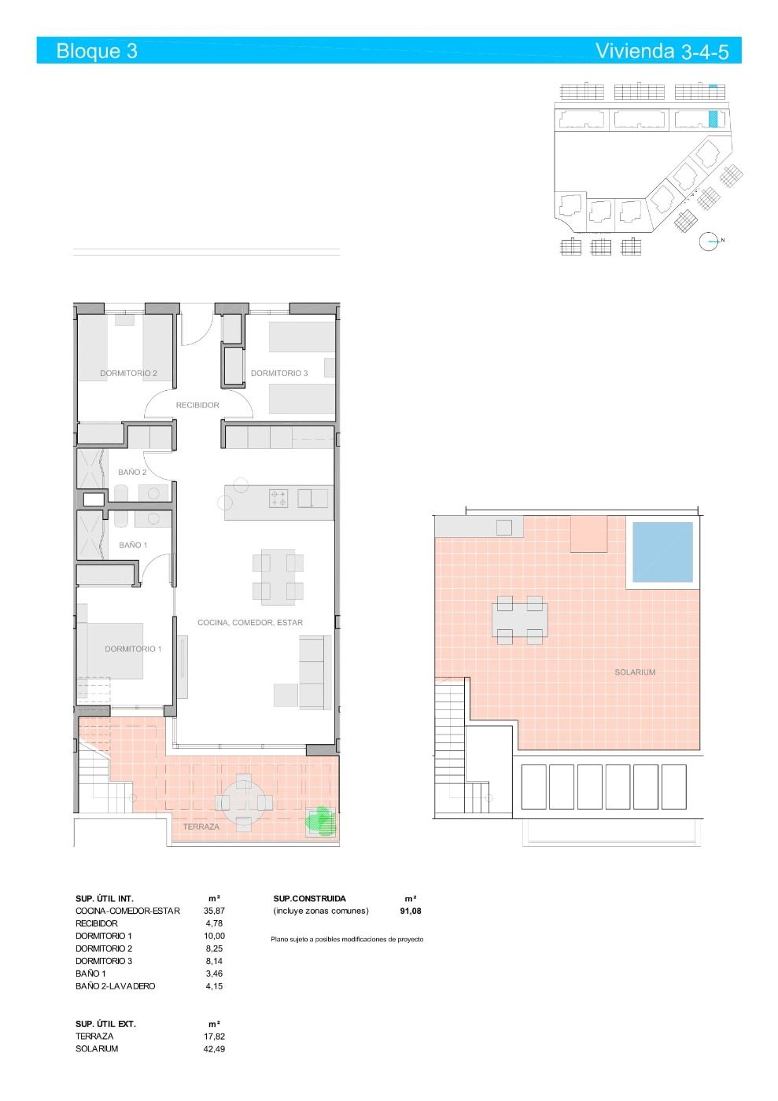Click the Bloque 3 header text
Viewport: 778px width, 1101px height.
97,51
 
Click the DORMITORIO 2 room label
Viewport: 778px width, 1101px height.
128,374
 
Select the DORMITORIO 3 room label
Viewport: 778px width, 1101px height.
279,374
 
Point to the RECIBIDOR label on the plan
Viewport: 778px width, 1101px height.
197,405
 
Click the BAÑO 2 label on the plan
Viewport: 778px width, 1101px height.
132,473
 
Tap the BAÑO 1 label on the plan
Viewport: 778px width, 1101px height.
133,545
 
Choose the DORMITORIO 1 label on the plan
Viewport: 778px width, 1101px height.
133,649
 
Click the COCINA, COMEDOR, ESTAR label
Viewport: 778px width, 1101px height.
250,623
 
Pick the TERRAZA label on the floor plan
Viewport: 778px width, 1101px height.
201,827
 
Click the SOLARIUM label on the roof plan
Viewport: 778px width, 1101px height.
635,672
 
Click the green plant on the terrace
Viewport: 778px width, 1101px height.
320,821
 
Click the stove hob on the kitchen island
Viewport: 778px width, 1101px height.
279,498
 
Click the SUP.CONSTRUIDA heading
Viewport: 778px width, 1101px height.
309,898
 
